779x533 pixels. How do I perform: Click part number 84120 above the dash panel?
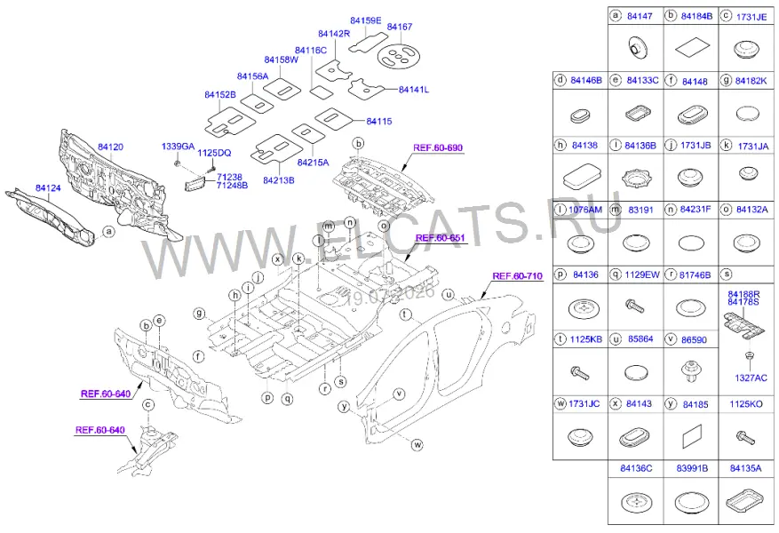coord(110,147)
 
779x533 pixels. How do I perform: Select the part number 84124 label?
coord(48,188)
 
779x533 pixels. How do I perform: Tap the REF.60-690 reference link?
coord(438,148)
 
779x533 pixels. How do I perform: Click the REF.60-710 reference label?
coord(517,276)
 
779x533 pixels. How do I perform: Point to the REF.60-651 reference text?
coord(441,238)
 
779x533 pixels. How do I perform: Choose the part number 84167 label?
coord(400,27)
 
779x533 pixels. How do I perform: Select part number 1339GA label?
coord(178,147)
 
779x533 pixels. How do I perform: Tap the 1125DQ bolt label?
coord(214,154)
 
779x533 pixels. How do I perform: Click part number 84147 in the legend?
coord(640,16)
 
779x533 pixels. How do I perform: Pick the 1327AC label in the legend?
coord(751,378)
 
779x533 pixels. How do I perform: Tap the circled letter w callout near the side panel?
coord(417,445)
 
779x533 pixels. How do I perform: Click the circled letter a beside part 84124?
coord(108,232)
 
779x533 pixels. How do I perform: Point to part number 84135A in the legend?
coord(745,468)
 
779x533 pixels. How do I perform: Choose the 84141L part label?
coord(413,90)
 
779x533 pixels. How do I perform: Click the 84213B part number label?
coord(278,181)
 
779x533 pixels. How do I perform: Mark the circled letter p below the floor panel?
coord(267,398)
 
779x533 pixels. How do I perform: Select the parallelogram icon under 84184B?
coord(691,48)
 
